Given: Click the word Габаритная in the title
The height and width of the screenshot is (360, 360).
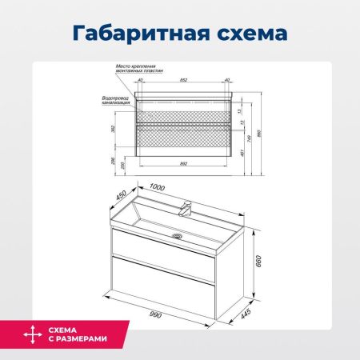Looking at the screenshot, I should pos(132,34).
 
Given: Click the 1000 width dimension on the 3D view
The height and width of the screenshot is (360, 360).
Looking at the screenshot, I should pos(157,187).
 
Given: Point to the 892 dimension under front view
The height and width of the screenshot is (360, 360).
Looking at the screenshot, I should pos(184,162).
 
